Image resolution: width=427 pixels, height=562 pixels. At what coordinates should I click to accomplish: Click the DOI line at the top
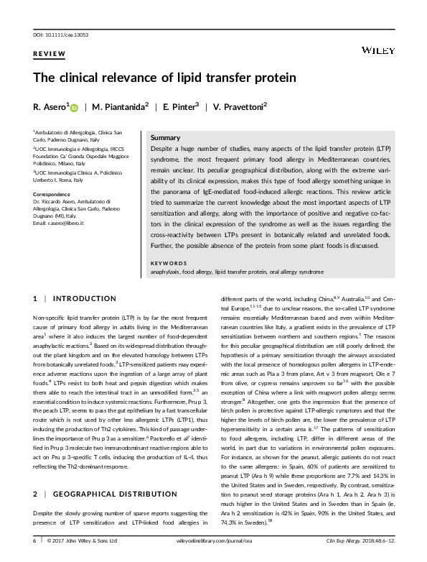[60, 34]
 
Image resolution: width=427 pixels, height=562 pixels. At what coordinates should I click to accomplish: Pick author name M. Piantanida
[121, 106]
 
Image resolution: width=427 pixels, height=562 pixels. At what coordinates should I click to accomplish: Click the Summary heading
[166, 137]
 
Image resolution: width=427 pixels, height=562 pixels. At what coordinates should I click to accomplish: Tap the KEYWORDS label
[166, 264]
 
